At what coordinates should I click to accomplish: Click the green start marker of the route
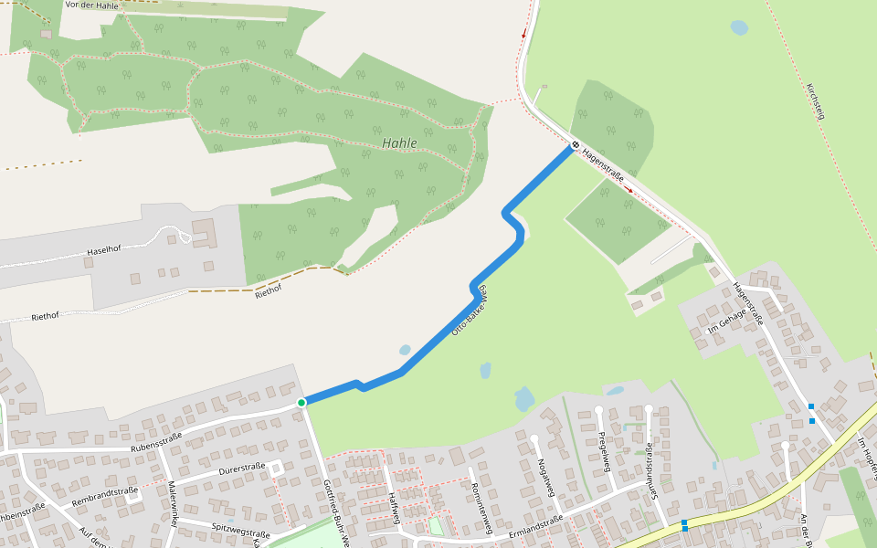coord(301,402)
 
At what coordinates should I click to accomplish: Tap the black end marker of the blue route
coord(576,144)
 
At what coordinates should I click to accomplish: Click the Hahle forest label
coord(399,143)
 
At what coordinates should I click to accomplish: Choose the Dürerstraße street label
coord(242,468)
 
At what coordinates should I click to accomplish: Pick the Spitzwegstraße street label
coord(240,527)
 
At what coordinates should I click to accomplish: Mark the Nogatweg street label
coord(546,478)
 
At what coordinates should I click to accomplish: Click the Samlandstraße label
coord(650,469)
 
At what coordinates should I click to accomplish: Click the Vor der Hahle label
coord(92,5)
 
